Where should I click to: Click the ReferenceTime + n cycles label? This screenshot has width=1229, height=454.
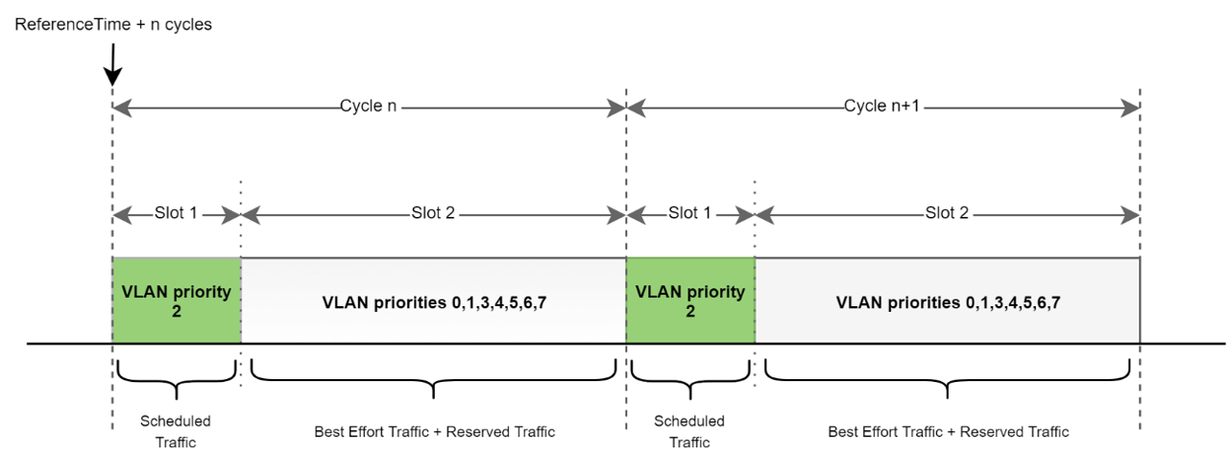coord(113,25)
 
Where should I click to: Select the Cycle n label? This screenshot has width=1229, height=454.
coord(368,107)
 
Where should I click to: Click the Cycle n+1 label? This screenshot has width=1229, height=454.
coord(882,107)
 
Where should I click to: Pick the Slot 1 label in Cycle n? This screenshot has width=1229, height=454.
coord(176,213)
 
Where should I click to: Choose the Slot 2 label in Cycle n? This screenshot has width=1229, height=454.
coord(432,213)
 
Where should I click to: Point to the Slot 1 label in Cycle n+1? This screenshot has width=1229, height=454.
coord(689,213)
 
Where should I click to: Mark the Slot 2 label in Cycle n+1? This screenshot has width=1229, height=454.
coord(947,213)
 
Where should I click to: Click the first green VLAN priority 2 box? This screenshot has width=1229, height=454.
coord(176,300)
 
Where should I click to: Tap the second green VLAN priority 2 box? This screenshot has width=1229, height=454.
coord(689,300)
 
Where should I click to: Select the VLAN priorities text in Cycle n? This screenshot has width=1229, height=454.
coord(434,302)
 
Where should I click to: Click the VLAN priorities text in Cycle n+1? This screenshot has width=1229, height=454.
coord(948,302)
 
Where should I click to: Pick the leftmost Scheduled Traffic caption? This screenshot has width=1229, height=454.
coord(176,431)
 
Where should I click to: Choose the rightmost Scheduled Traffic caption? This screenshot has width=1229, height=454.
coord(689,431)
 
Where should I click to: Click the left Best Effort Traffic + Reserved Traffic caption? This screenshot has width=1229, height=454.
coord(434,431)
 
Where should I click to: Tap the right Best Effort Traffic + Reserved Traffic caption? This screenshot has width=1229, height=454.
coord(948,431)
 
